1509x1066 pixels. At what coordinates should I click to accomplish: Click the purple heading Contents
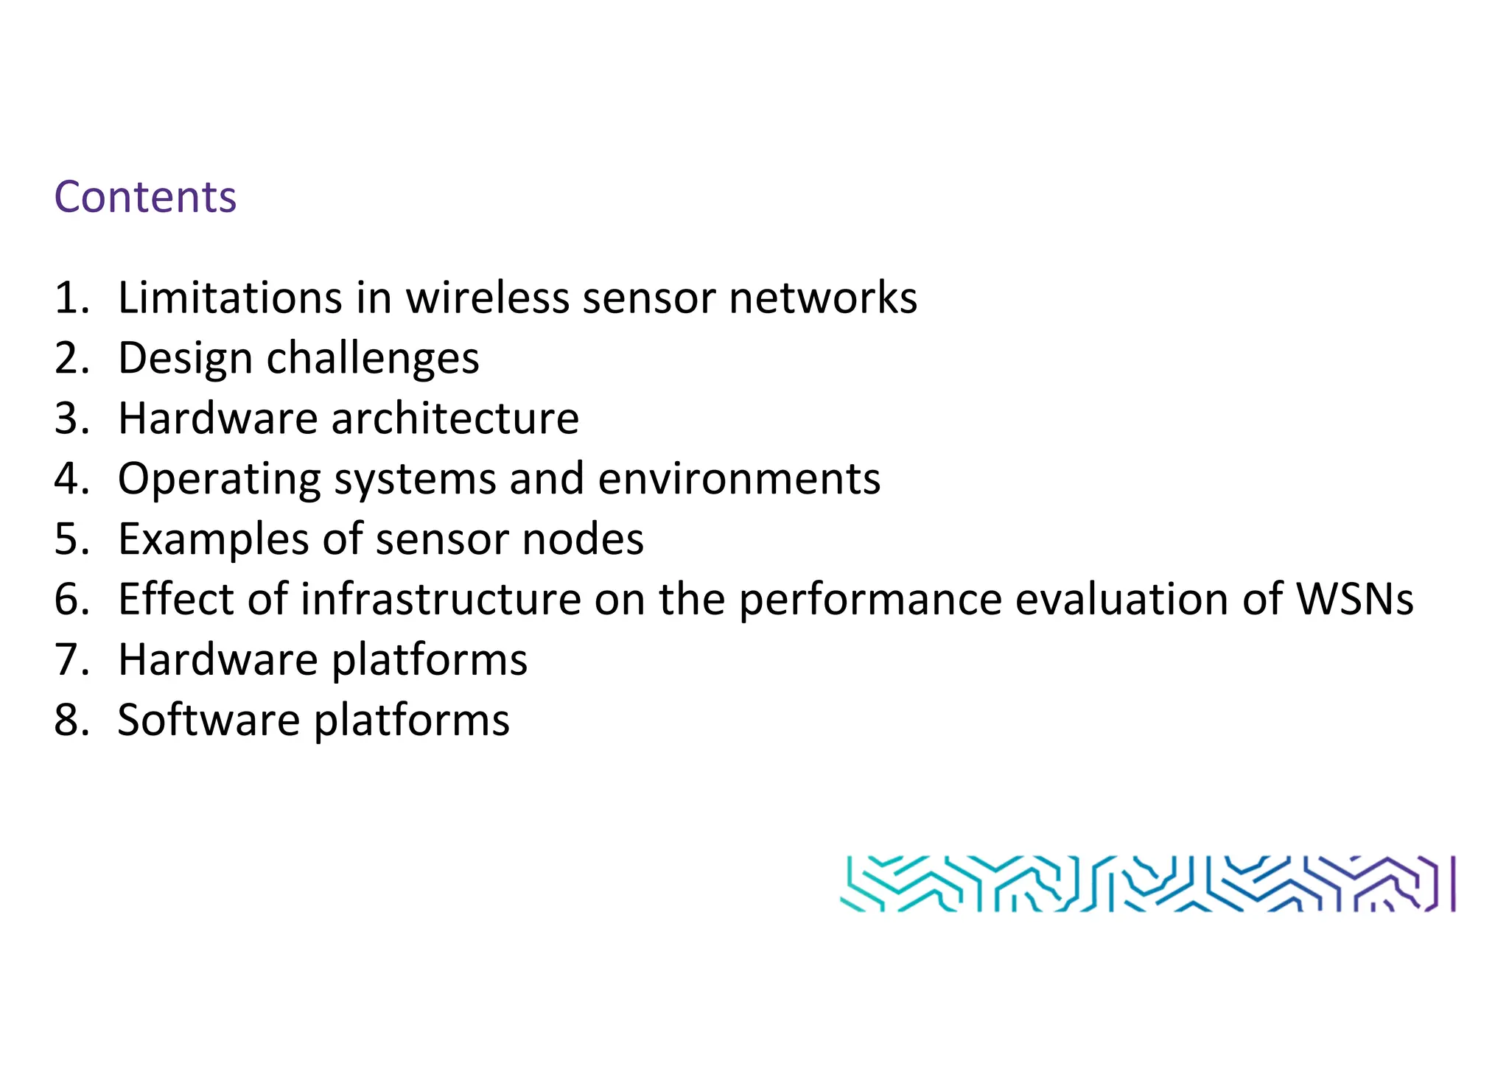coord(145,197)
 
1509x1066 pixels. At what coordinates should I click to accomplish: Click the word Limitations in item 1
coord(229,298)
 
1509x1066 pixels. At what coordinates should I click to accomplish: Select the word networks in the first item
coord(822,298)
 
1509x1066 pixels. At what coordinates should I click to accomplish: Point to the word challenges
coord(372,359)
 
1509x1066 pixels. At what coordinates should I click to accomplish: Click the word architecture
coord(455,418)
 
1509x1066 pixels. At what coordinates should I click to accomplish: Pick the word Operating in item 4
coord(219,480)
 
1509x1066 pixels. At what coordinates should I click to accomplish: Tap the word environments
coord(738,479)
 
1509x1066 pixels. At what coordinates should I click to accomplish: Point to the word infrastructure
coord(441,599)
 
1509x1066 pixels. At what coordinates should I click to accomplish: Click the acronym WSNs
coord(1354,599)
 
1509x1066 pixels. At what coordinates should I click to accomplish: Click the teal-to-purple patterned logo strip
coord(1147,883)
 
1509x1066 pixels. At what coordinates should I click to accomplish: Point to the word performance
coord(869,600)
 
